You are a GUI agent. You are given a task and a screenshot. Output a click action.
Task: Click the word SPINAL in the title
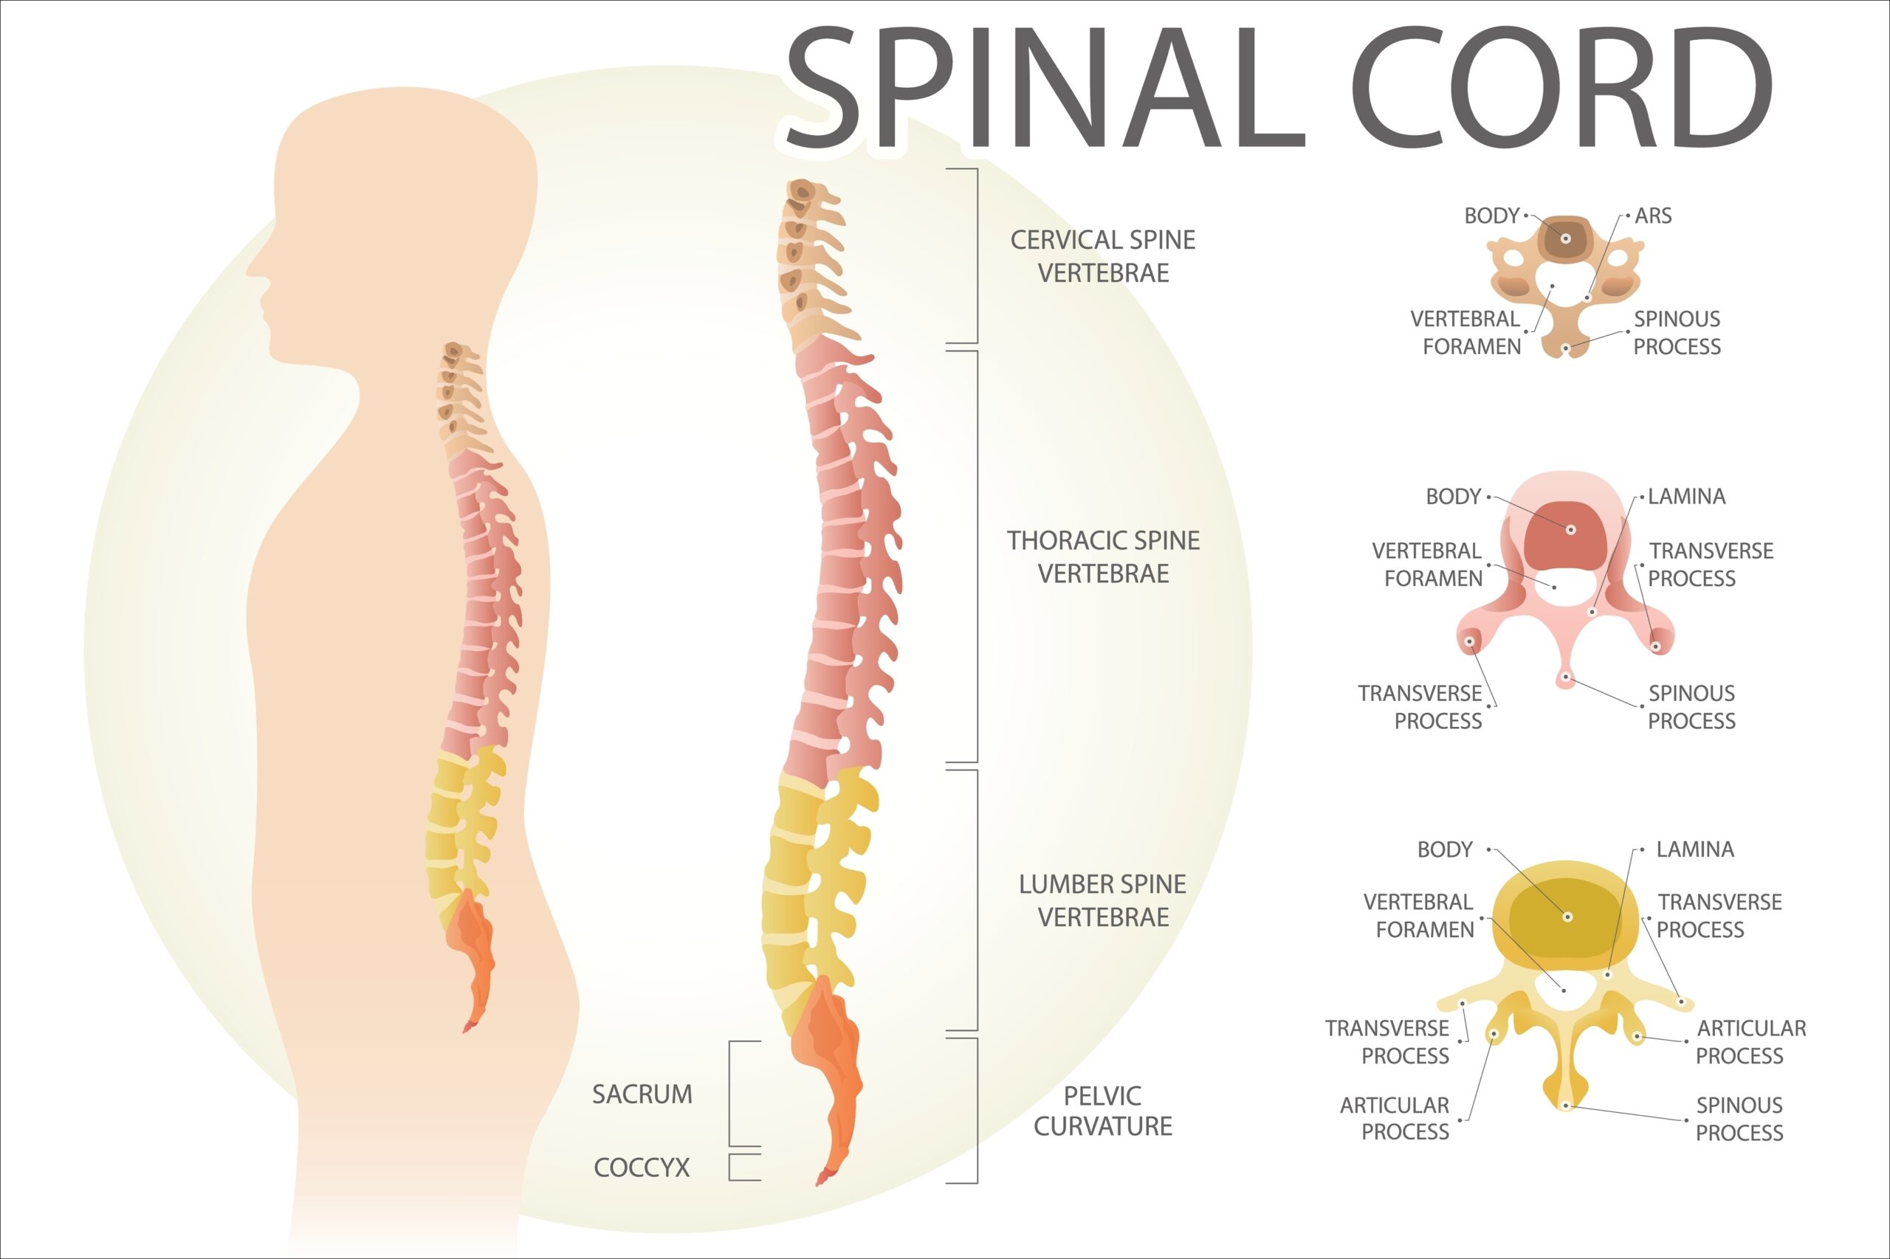tap(1044, 89)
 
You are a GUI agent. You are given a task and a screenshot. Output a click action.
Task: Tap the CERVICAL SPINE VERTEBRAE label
tap(1103, 256)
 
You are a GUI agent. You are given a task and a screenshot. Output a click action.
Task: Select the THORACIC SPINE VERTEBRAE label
tap(1103, 556)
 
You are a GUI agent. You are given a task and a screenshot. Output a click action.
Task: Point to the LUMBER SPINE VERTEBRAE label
tap(1103, 900)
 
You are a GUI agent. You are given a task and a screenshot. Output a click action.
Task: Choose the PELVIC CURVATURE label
tap(1103, 1111)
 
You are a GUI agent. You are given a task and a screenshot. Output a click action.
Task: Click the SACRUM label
tap(642, 1094)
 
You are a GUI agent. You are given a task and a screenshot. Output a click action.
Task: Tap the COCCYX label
tap(642, 1167)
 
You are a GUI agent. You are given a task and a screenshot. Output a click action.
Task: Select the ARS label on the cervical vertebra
tap(1653, 215)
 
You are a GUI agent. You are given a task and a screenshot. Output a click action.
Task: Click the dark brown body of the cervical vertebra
tap(1564, 238)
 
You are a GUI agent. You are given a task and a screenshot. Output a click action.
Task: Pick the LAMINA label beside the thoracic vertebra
tap(1687, 496)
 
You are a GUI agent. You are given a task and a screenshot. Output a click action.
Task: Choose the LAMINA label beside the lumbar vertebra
tap(1695, 849)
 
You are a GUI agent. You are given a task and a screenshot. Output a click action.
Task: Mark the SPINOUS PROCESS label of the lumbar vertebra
tap(1739, 1119)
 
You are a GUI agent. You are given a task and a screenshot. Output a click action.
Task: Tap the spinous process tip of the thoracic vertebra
tap(1565, 678)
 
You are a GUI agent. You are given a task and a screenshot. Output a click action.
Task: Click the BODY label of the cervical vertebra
tap(1491, 215)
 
